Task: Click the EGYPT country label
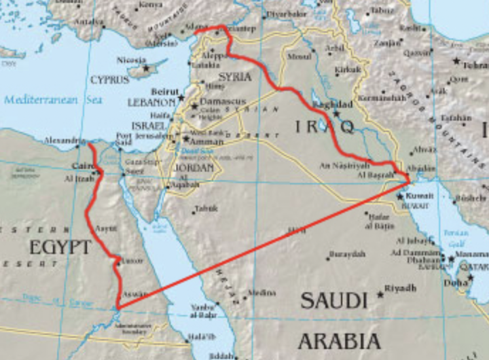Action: tap(60, 247)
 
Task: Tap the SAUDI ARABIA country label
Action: tap(340, 319)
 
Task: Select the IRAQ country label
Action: tap(325, 126)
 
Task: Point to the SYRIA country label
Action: tap(235, 77)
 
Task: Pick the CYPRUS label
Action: tap(109, 79)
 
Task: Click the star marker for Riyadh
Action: tap(380, 295)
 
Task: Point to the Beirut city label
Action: tap(165, 91)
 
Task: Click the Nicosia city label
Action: tap(130, 60)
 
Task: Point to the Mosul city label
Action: tap(299, 57)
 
